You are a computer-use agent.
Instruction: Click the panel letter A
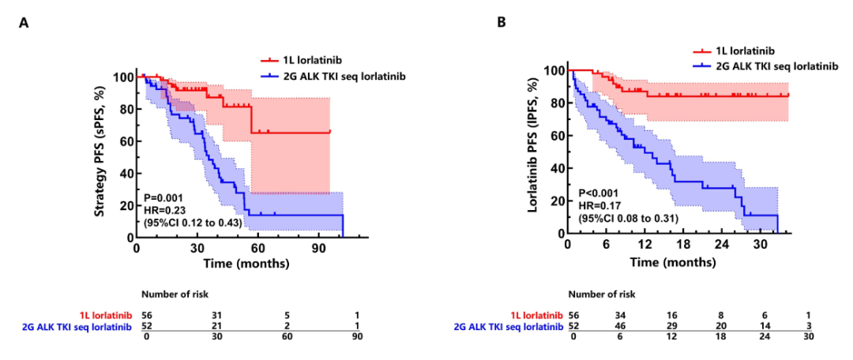point(24,24)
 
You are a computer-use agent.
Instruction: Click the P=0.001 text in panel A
point(163,196)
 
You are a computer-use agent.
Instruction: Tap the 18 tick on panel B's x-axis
point(693,246)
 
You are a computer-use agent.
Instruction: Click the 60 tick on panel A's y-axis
point(126,141)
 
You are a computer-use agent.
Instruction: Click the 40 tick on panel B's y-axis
point(558,168)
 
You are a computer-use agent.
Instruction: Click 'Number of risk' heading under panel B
point(602,294)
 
